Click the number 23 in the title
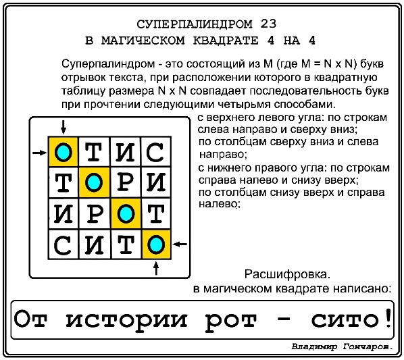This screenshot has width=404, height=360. coord(268,24)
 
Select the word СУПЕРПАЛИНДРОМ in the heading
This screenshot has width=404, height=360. coord(195,24)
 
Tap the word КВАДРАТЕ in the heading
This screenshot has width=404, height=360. coord(226,41)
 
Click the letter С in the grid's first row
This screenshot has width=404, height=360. coord(155,152)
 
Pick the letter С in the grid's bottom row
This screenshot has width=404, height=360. coord(62,245)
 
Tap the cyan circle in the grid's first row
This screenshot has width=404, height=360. coord(63,153)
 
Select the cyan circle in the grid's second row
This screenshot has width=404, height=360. coord(94,182)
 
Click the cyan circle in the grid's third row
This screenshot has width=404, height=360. coord(126,213)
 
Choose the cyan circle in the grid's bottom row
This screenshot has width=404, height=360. coord(156,245)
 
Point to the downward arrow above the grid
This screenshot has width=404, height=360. coord(64,127)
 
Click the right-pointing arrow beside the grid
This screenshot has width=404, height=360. coord(39,153)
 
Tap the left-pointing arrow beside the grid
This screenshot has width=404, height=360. coord(180,244)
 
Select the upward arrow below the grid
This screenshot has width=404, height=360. coord(156,268)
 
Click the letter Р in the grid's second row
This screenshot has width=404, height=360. coord(125,182)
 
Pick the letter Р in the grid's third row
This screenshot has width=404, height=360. coord(95,213)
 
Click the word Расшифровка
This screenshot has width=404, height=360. coord(287,275)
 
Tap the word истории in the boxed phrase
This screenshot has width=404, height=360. coord(126,320)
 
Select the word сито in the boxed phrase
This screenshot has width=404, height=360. coord(345,320)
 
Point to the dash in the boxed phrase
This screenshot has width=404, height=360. coord(284,319)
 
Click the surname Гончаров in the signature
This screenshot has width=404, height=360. coord(368,347)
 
